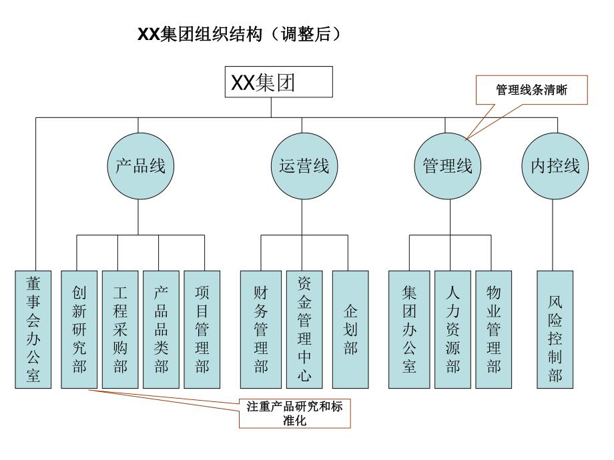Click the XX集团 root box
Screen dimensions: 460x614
pyautogui.click(x=278, y=83)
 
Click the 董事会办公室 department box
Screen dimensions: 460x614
pyautogui.click(x=33, y=329)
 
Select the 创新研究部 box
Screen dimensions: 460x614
pyautogui.click(x=79, y=329)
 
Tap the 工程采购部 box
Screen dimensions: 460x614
pyautogui.click(x=119, y=329)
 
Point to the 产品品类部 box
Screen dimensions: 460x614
pyautogui.click(x=160, y=329)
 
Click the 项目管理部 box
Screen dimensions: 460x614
pyautogui.click(x=202, y=329)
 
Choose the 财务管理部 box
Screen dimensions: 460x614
pyautogui.click(x=260, y=329)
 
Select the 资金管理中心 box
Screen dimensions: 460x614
pyautogui.click(x=304, y=329)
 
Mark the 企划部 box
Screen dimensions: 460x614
pyautogui.click(x=350, y=329)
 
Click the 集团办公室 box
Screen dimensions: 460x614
pyautogui.click(x=409, y=329)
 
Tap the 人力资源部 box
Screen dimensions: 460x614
pyautogui.click(x=452, y=329)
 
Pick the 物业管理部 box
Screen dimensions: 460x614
pyautogui.click(x=493, y=329)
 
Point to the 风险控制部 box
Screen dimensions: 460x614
pyautogui.click(x=555, y=329)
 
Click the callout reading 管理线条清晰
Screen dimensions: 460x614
pyautogui.click(x=531, y=89)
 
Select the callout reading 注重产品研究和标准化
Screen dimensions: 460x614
pyautogui.click(x=294, y=413)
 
